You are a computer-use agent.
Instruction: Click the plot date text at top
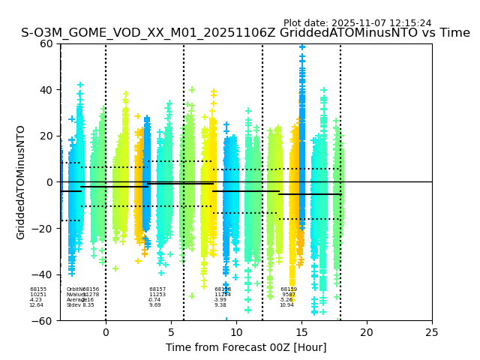click(x=357, y=23)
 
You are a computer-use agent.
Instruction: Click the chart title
click(x=245, y=33)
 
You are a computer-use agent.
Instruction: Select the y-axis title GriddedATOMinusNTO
click(x=21, y=182)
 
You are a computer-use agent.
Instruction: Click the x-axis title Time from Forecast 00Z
click(x=246, y=347)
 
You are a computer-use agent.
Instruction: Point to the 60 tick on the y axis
click(x=47, y=43)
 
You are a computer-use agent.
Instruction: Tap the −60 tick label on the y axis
click(x=43, y=321)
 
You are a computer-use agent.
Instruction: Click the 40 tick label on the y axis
click(x=47, y=90)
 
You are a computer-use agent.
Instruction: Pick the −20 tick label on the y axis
click(x=43, y=229)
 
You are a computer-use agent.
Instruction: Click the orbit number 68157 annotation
click(x=157, y=289)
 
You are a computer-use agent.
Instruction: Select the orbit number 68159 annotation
click(x=289, y=289)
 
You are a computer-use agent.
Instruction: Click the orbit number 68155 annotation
click(x=38, y=289)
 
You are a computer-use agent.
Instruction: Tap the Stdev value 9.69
click(x=154, y=305)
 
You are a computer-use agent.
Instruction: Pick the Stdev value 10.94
click(x=286, y=305)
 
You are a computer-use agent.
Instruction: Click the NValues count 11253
click(x=157, y=295)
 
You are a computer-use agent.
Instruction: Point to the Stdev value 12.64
click(x=36, y=305)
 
